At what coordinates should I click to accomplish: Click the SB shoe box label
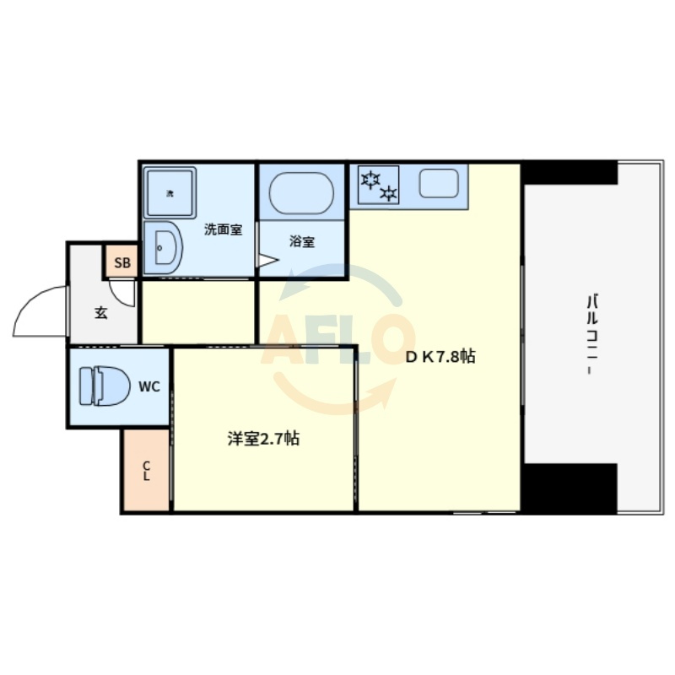click(x=122, y=262)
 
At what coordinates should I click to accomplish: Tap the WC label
click(x=149, y=386)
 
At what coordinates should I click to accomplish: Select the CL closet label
click(x=146, y=471)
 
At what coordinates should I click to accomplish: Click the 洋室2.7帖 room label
click(x=263, y=439)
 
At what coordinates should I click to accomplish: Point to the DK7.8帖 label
click(x=440, y=356)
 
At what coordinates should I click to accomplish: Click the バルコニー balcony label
click(x=593, y=334)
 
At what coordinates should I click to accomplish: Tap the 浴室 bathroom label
click(x=302, y=241)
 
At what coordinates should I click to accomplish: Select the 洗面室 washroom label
click(x=223, y=229)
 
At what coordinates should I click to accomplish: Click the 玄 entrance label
click(x=100, y=312)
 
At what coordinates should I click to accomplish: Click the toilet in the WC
click(x=105, y=386)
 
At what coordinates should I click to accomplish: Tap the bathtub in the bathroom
click(x=301, y=193)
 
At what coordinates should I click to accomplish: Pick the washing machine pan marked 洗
click(x=170, y=193)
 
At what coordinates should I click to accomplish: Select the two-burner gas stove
click(x=378, y=185)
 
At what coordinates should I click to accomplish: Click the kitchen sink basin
click(x=439, y=183)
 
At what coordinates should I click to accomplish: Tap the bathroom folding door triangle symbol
click(x=267, y=260)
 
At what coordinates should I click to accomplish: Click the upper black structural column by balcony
click(x=570, y=172)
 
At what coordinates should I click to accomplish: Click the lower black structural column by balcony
click(x=570, y=489)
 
